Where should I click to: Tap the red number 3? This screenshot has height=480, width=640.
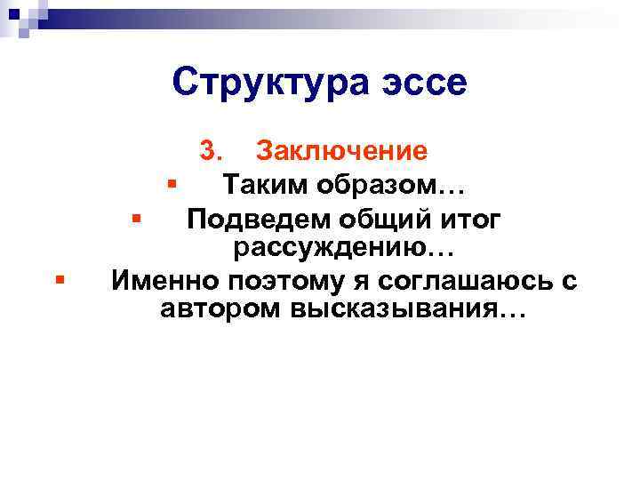click(x=213, y=151)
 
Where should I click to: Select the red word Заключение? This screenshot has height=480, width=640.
click(x=341, y=151)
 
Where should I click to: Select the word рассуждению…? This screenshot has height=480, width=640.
click(x=344, y=249)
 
